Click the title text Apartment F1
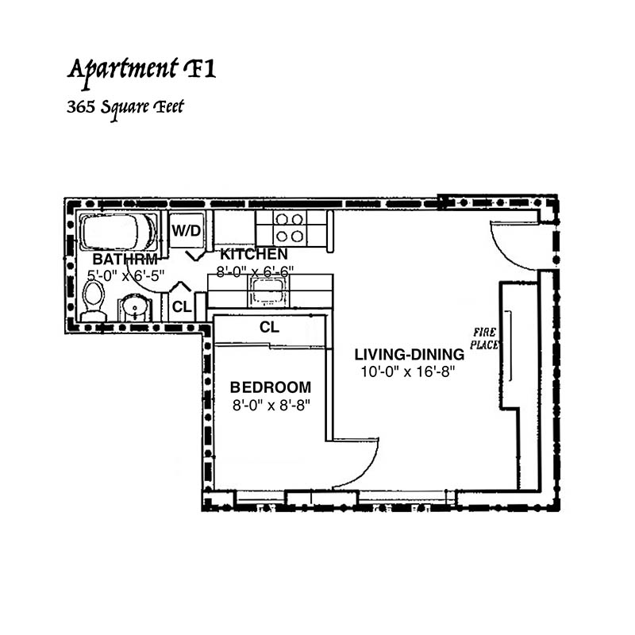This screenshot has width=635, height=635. [141, 69]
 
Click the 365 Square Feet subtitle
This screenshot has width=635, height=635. [125, 106]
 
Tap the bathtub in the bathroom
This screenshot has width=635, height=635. [117, 233]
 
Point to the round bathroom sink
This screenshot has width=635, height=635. [134, 307]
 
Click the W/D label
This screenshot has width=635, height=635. [187, 231]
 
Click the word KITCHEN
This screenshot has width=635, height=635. [253, 255]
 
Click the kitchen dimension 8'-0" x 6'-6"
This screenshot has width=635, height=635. [255, 271]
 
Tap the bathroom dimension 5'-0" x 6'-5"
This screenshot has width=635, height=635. [125, 275]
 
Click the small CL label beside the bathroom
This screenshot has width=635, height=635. [181, 307]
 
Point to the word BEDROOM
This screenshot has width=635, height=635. [270, 387]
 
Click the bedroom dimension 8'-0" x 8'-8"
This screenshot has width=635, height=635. [270, 403]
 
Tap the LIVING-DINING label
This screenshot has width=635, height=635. [409, 354]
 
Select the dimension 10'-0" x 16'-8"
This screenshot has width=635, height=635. [409, 371]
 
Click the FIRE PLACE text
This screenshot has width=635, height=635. [485, 338]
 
